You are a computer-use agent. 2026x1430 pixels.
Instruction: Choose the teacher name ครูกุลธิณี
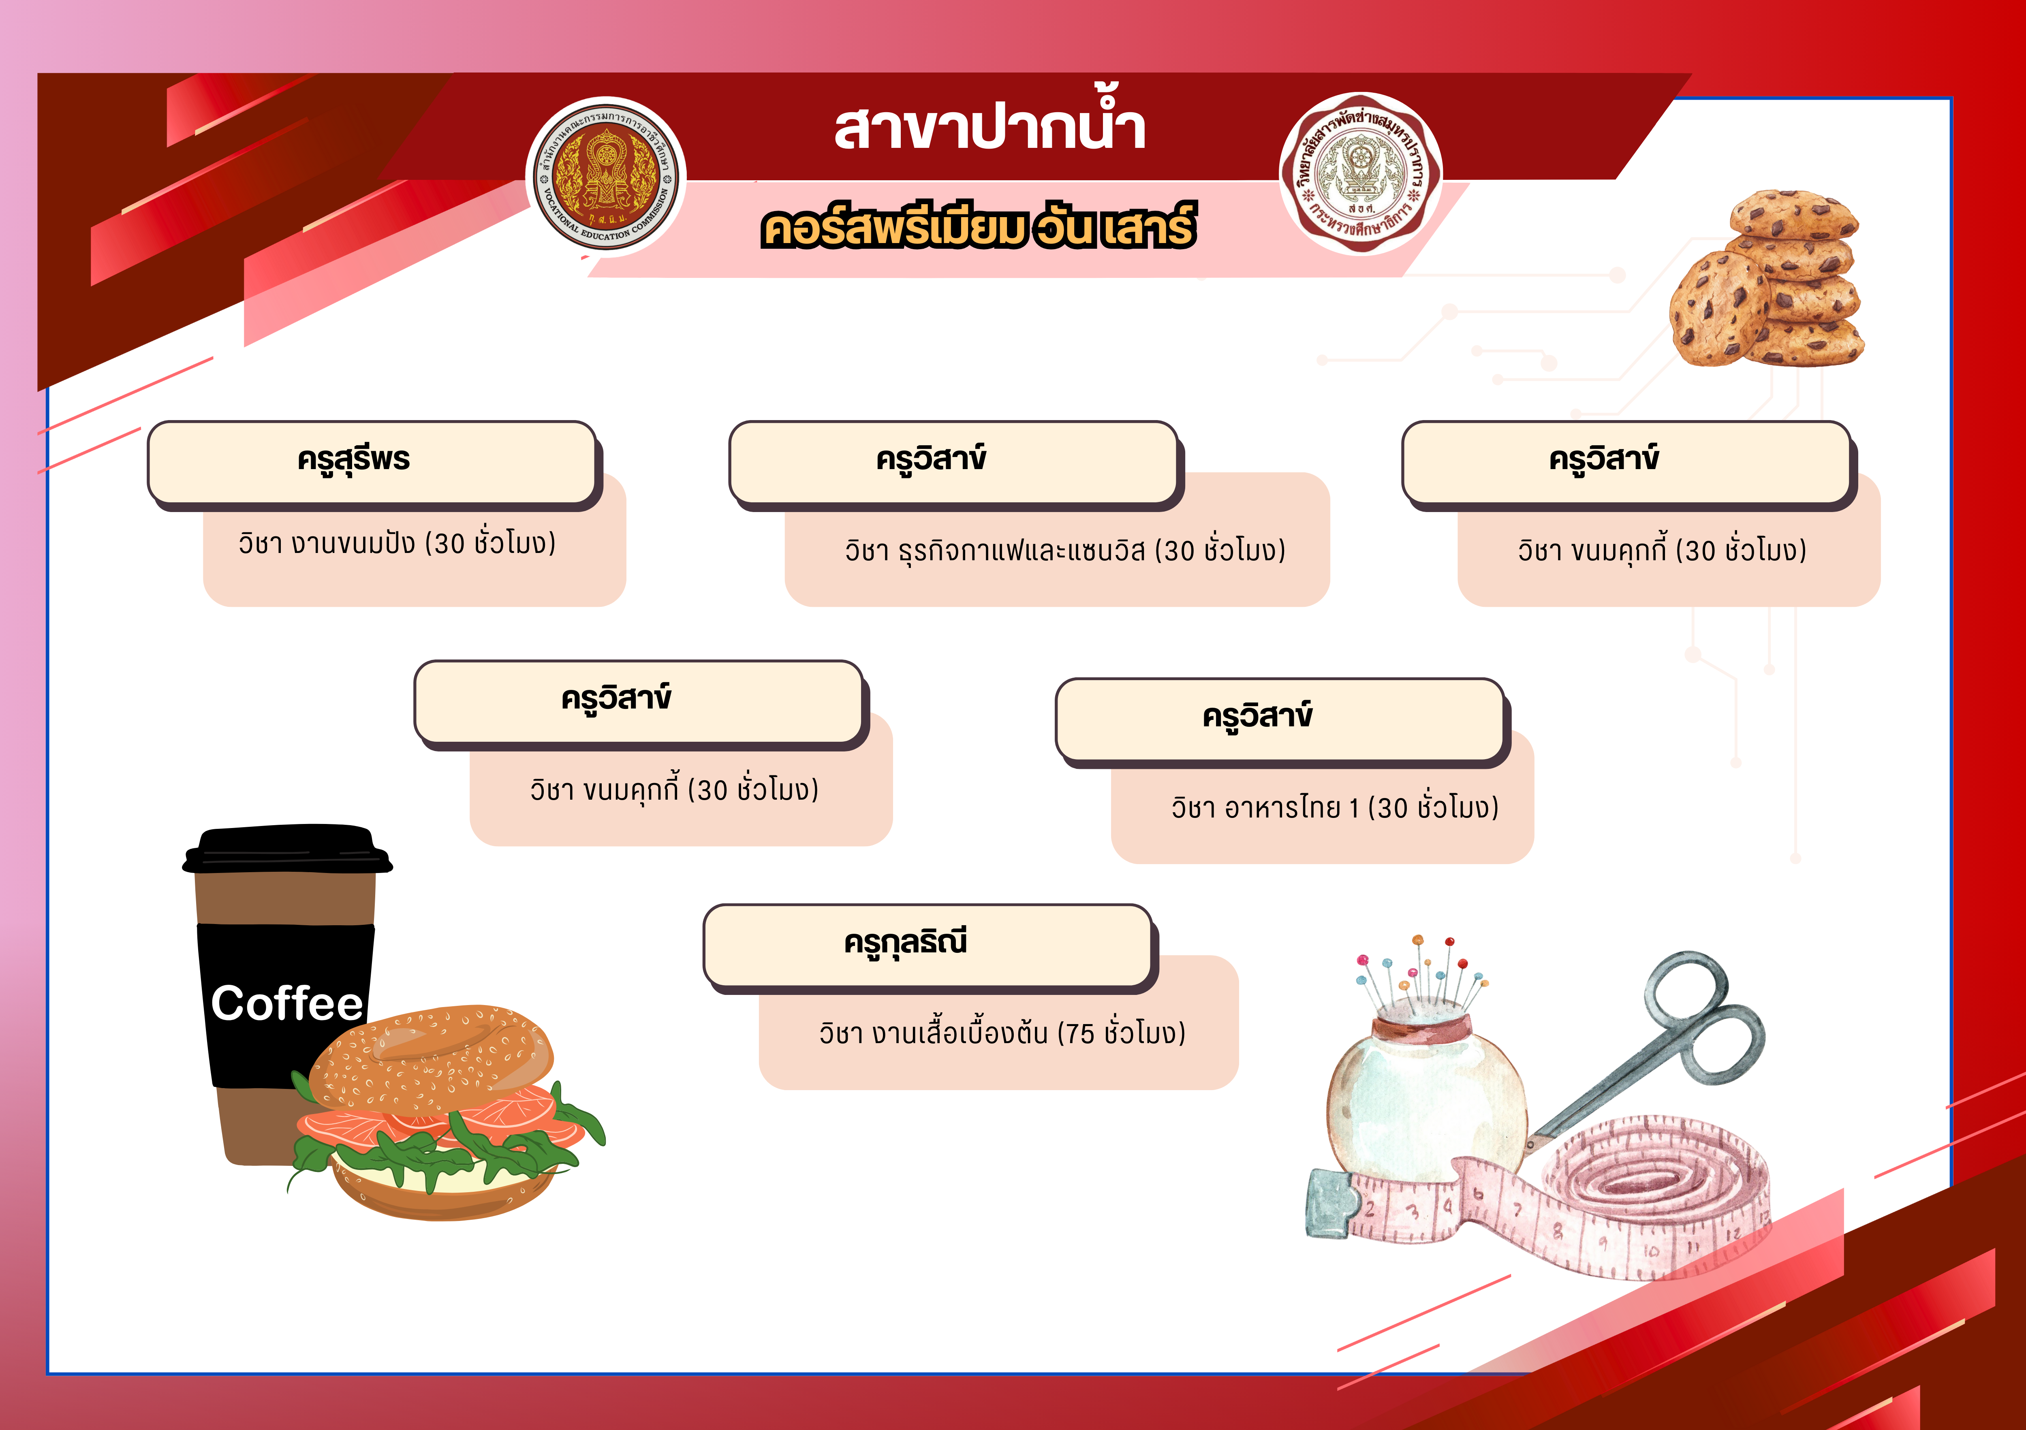905,942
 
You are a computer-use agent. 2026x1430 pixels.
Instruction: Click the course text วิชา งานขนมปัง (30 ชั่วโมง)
397,542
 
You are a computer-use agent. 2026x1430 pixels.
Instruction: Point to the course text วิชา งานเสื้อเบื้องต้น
1002,1032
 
